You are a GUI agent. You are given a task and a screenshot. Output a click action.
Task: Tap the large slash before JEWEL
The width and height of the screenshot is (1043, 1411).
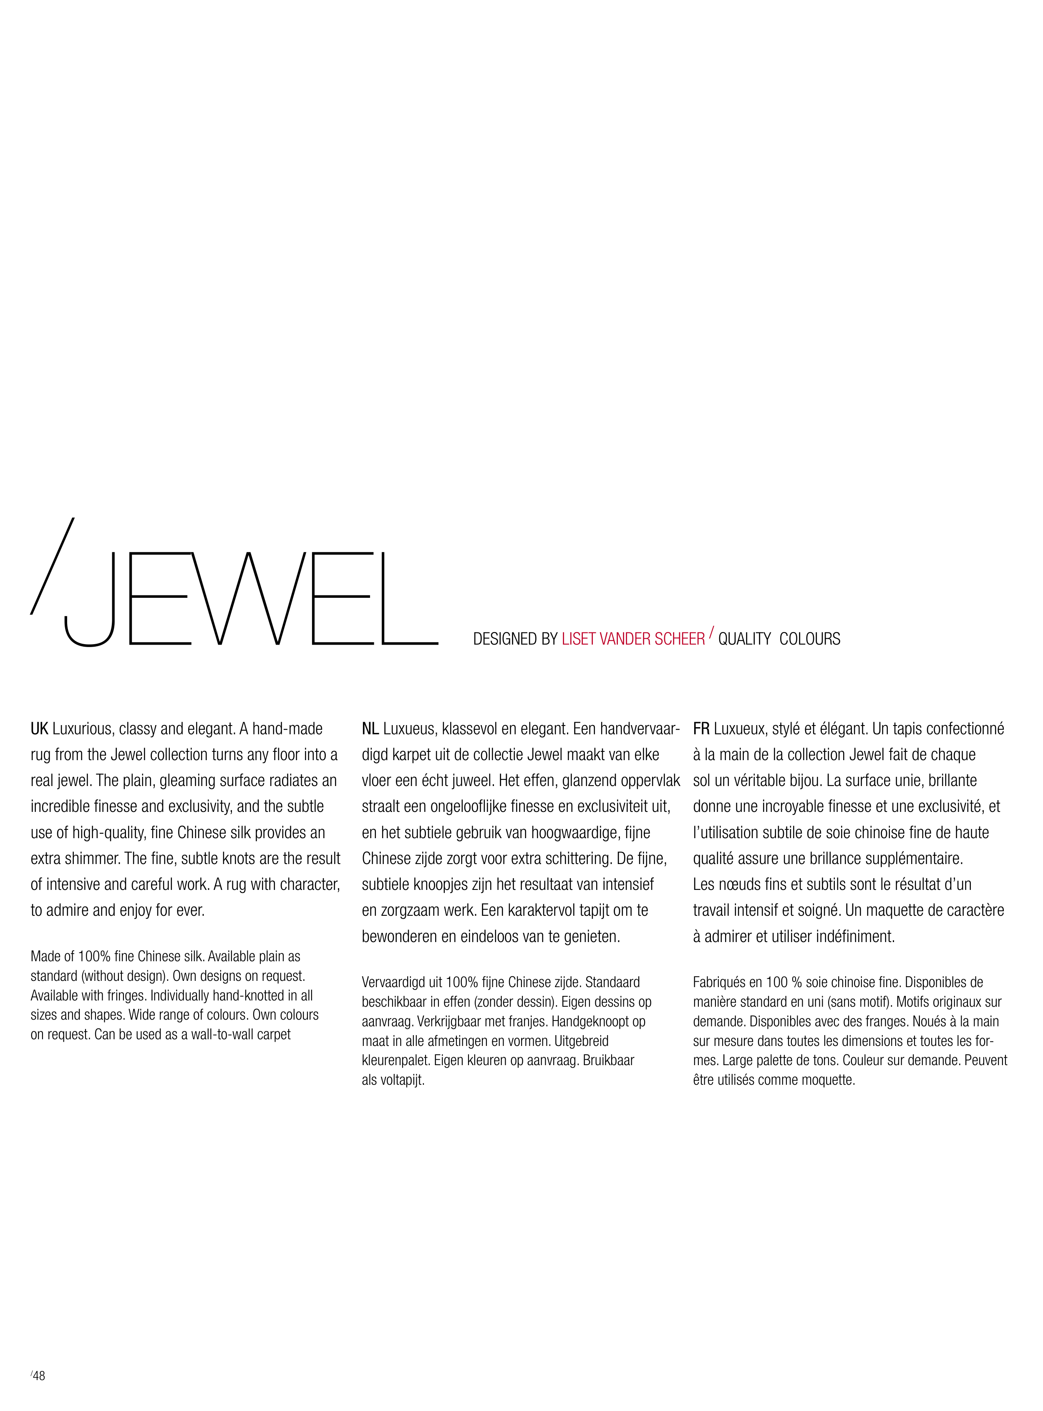[x=53, y=566]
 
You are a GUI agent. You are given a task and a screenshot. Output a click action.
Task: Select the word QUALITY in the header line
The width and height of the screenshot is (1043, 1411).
[x=744, y=639]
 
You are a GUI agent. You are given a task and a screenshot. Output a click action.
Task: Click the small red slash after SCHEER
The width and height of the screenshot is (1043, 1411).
[x=712, y=632]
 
